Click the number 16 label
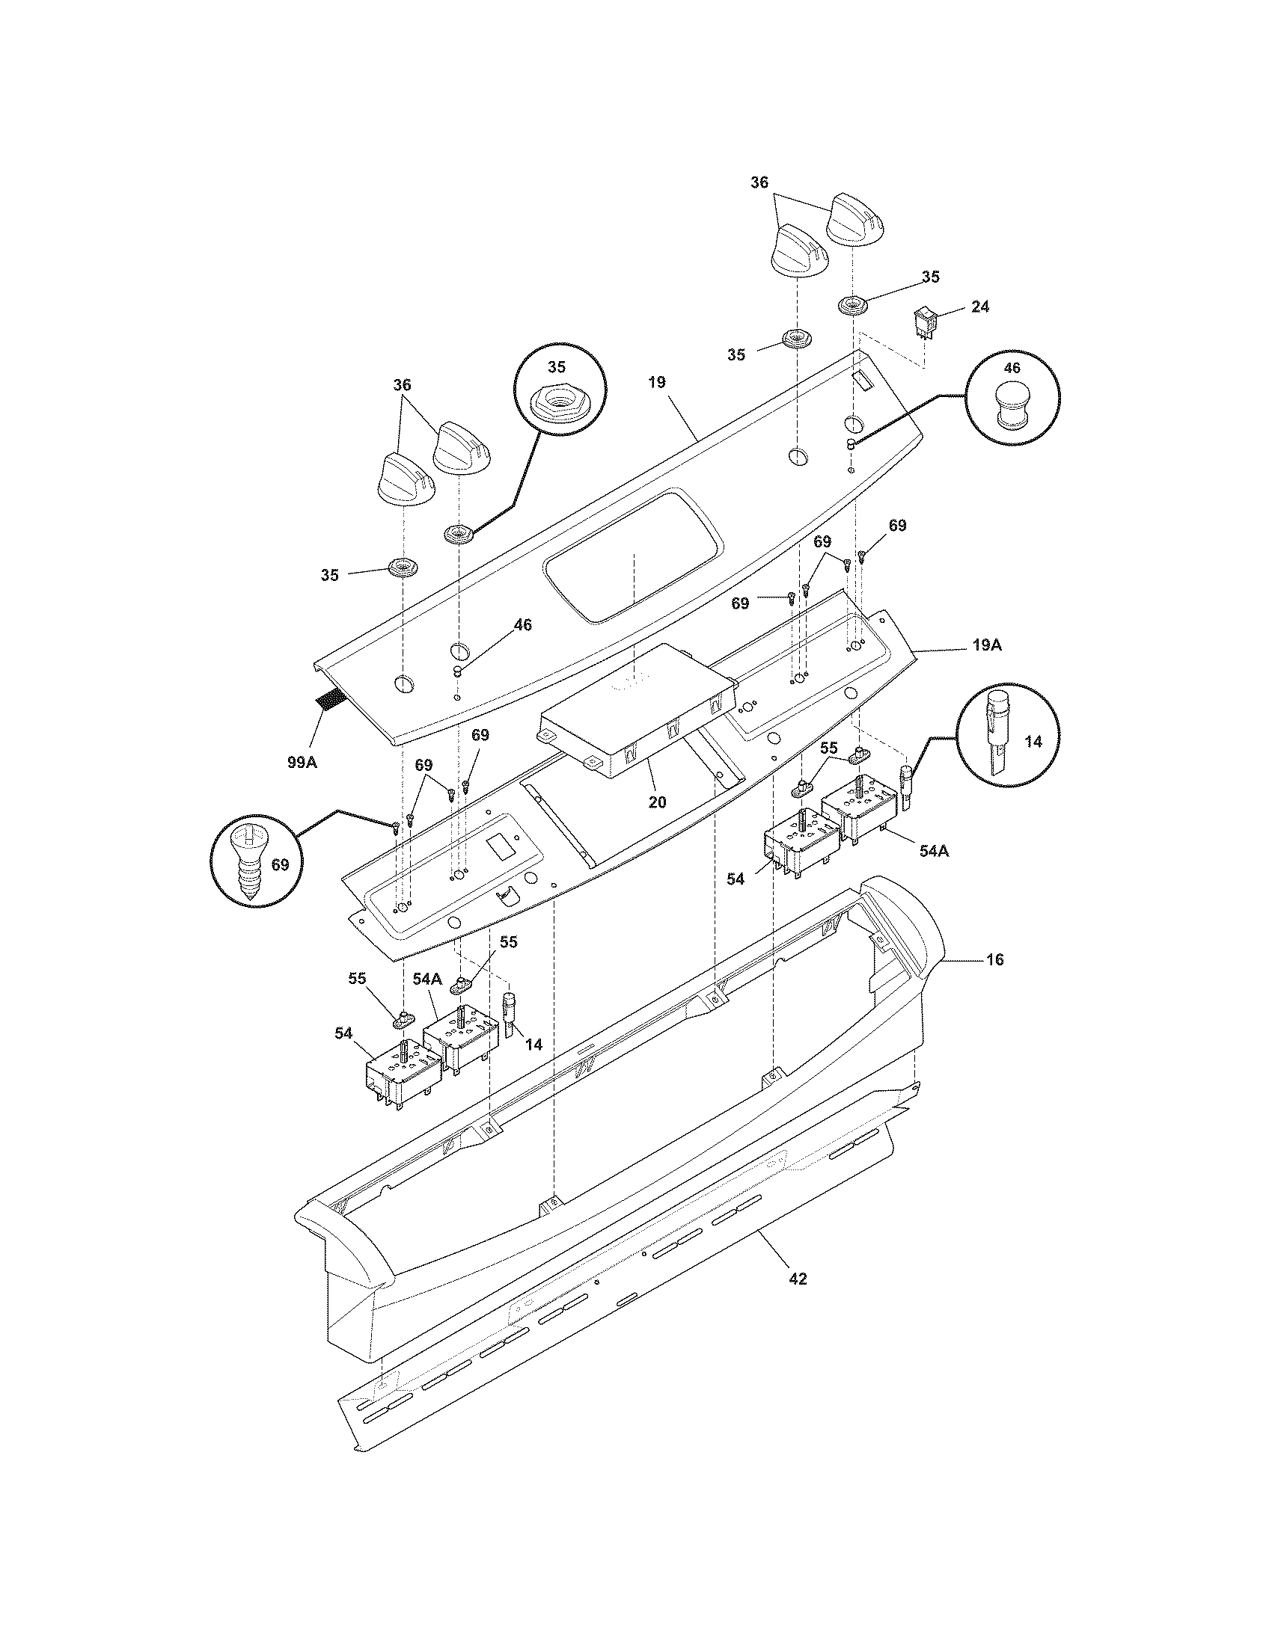click(x=994, y=959)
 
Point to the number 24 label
click(x=980, y=307)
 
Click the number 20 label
click(x=657, y=802)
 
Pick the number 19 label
click(x=656, y=382)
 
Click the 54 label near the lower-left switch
click(x=344, y=1033)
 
